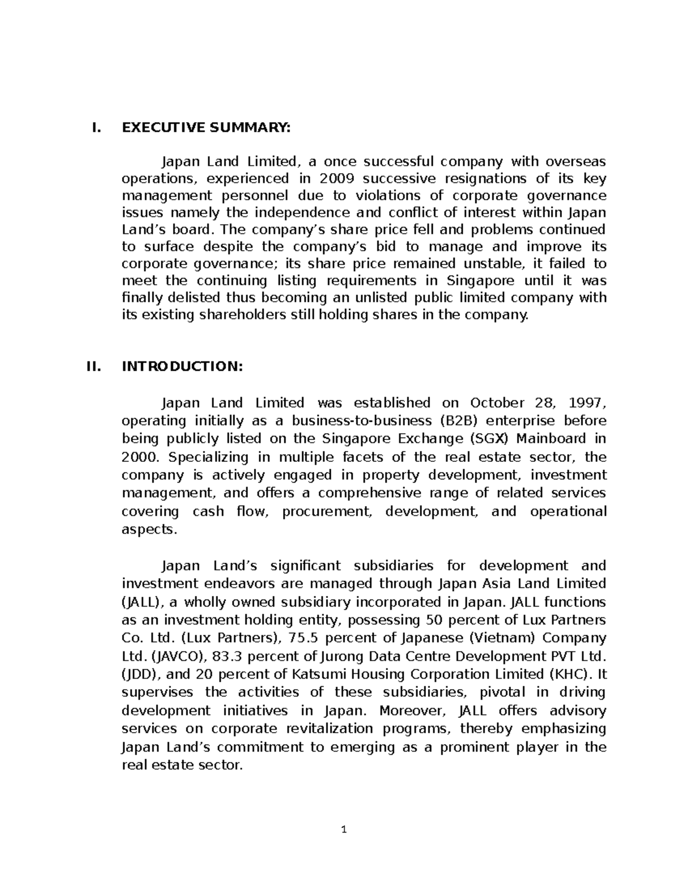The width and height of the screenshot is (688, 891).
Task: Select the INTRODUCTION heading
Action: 182,367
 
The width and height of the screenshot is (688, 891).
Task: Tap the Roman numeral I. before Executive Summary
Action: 96,128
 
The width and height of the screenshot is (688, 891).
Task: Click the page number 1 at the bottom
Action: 344,829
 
